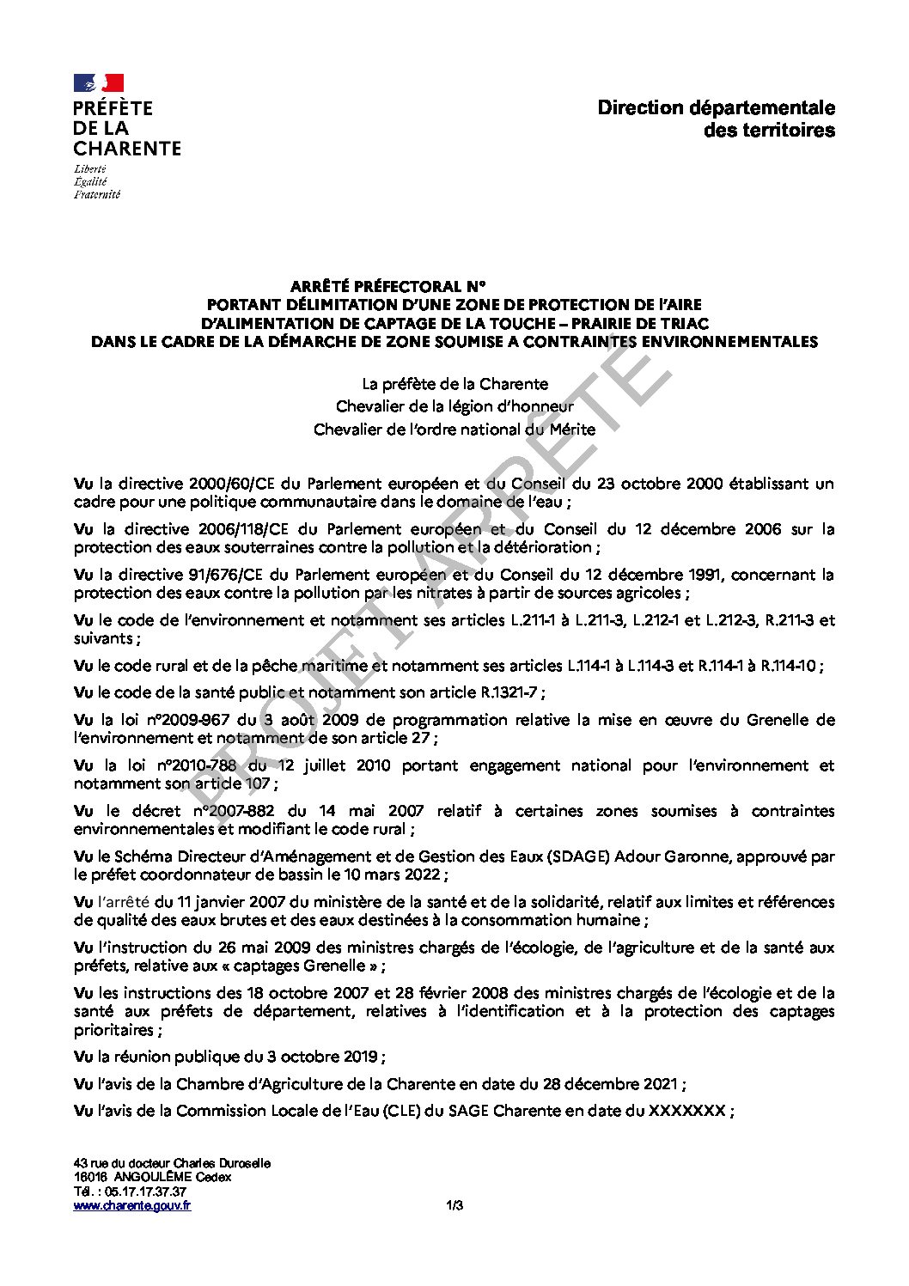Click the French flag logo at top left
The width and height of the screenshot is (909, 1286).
pos(99,83)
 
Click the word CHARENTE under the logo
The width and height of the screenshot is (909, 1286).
pos(127,149)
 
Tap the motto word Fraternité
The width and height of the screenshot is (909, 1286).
pos(97,194)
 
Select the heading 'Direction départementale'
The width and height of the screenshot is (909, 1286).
pos(716,108)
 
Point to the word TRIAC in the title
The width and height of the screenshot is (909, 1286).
pos(681,323)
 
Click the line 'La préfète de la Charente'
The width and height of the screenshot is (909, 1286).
pos(454,384)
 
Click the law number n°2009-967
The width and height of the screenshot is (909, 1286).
pos(193,720)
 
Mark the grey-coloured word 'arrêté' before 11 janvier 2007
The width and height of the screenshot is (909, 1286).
pos(125,902)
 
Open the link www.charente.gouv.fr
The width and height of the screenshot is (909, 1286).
pos(132,1205)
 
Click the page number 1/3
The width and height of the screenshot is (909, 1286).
pos(454,1205)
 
